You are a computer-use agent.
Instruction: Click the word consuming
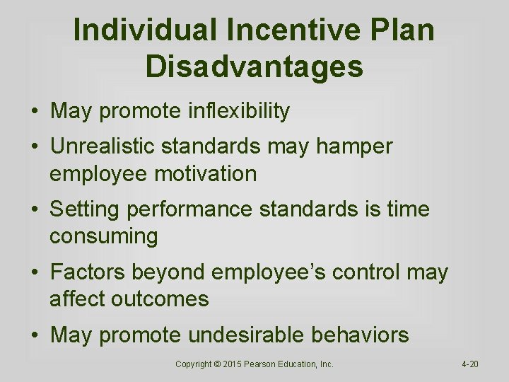[x=103, y=236]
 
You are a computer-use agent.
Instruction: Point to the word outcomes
[x=161, y=299]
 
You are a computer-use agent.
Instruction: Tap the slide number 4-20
[x=470, y=364]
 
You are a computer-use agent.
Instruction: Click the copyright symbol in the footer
[x=219, y=364]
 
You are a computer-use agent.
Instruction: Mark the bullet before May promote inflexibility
[x=34, y=112]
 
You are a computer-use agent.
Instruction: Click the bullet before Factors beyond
[x=34, y=273]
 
